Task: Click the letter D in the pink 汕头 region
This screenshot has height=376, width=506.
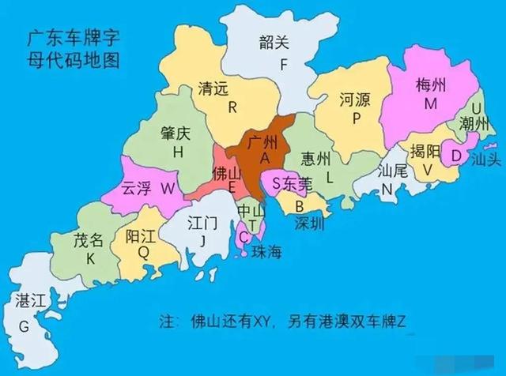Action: tap(455, 156)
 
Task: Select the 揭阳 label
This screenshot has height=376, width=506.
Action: tap(425, 151)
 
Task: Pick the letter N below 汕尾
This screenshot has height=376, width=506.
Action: tap(387, 189)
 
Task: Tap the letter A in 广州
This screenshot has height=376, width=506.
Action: tap(264, 159)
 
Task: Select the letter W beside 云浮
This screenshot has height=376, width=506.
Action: tap(167, 189)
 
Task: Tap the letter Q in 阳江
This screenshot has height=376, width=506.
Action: tap(143, 254)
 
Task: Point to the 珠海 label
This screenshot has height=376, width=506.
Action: tap(267, 252)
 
